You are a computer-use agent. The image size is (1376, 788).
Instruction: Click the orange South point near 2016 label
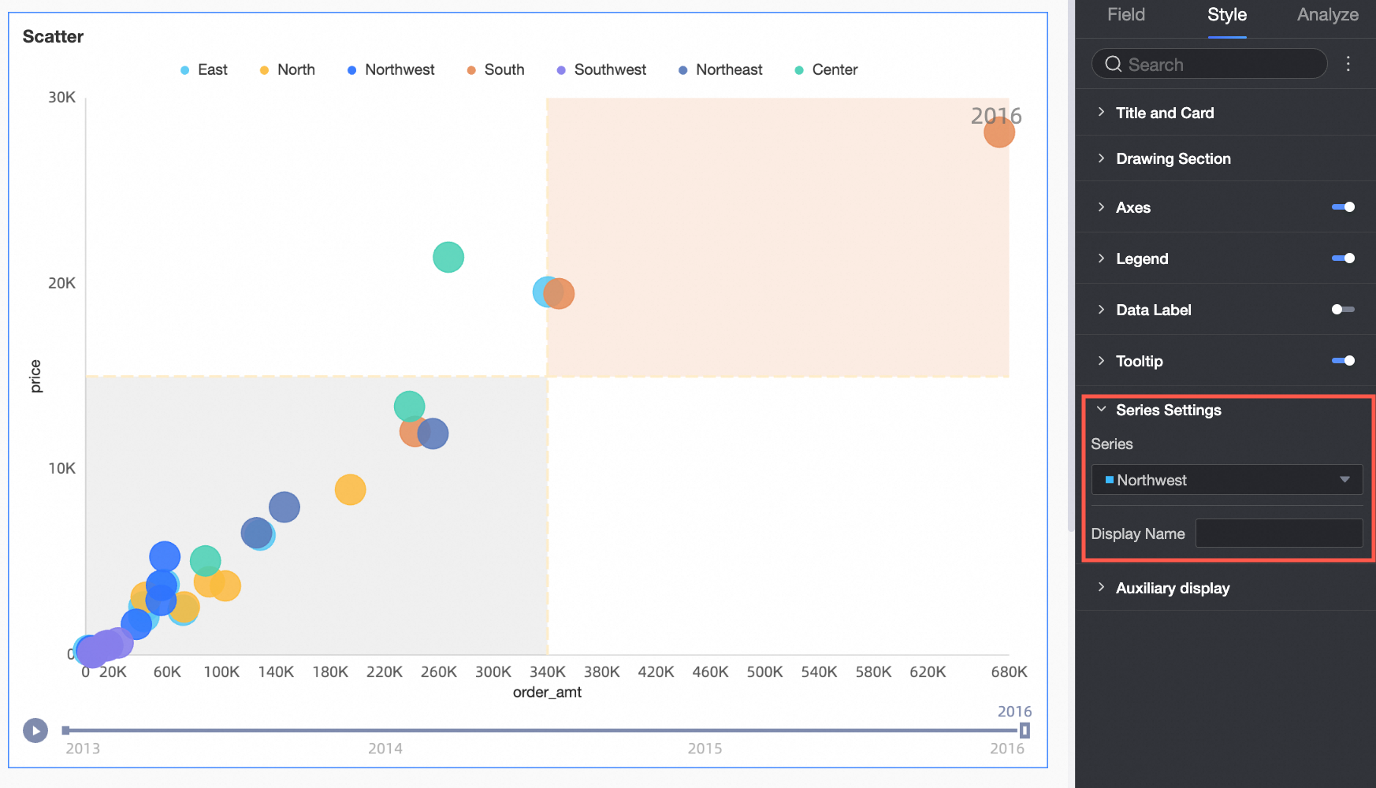tap(999, 132)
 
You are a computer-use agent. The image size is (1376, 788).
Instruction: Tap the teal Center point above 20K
tap(448, 257)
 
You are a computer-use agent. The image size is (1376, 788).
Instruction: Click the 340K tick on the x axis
tap(547, 672)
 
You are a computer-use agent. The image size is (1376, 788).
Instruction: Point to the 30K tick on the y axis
tap(61, 98)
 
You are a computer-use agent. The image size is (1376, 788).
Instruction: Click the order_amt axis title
tap(547, 693)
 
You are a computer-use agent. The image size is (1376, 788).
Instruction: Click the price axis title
tap(35, 376)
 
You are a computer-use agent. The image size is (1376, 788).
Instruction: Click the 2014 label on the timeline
tap(385, 749)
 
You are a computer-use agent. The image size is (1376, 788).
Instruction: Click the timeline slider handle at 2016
tap(1025, 730)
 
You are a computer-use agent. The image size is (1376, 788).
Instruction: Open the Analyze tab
tap(1327, 15)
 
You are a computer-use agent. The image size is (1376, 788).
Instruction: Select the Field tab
tap(1125, 15)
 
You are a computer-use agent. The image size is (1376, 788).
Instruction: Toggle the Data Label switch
tap(1342, 310)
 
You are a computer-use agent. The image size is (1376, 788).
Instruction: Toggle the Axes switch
tap(1343, 207)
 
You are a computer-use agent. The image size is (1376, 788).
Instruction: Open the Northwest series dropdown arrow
tap(1344, 480)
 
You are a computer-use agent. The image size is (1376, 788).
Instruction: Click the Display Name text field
tap(1278, 533)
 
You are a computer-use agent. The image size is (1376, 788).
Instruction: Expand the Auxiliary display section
tap(1172, 589)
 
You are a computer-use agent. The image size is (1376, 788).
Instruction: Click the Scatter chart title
tap(53, 37)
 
